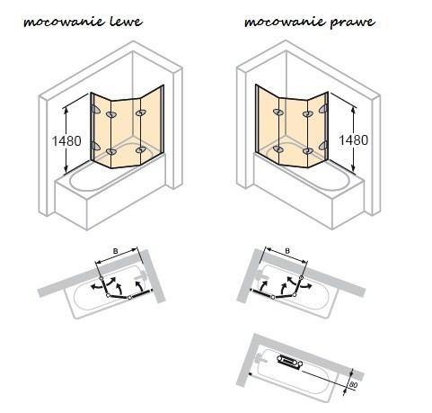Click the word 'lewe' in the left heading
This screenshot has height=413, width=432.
(126, 22)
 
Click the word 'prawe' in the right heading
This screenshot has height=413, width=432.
(352, 22)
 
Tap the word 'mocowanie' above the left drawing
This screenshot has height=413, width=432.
(64, 22)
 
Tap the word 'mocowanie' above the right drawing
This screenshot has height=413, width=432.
(285, 22)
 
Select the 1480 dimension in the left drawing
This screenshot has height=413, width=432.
(66, 140)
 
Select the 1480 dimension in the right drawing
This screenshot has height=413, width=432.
(353, 139)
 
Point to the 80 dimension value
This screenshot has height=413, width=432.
(353, 385)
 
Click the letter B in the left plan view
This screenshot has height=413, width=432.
(115, 251)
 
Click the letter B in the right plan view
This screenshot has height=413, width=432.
(287, 251)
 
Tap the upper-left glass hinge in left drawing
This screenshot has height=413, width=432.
(111, 114)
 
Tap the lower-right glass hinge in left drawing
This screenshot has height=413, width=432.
(140, 149)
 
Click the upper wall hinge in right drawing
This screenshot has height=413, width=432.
(323, 109)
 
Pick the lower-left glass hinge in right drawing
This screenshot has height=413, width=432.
(278, 149)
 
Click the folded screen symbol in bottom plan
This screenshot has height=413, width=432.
(290, 360)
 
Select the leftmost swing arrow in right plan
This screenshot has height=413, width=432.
(263, 285)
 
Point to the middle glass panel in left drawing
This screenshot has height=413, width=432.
(126, 132)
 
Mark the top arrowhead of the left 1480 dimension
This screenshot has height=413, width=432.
(66, 109)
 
